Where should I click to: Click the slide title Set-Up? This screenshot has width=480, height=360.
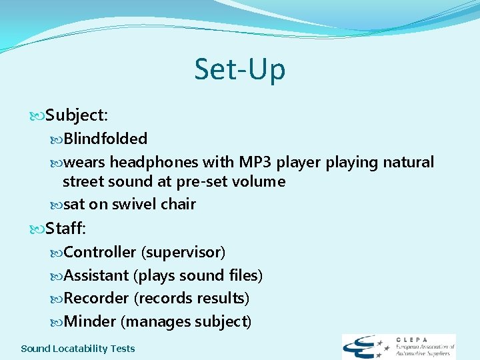tap(239, 69)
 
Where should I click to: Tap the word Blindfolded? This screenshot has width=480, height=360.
tap(105, 139)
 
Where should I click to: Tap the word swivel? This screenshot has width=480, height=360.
tap(133, 204)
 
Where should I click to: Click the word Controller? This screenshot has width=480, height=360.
tap(100, 252)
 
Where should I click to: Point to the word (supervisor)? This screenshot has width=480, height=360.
tap(183, 252)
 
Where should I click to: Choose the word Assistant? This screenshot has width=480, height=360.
tap(97, 275)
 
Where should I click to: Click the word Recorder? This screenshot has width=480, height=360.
tap(97, 298)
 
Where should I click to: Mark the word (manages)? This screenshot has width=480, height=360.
tap(157, 321)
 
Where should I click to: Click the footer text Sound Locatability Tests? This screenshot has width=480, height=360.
tap(78, 349)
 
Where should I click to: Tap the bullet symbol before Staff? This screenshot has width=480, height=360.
tap(37, 229)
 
